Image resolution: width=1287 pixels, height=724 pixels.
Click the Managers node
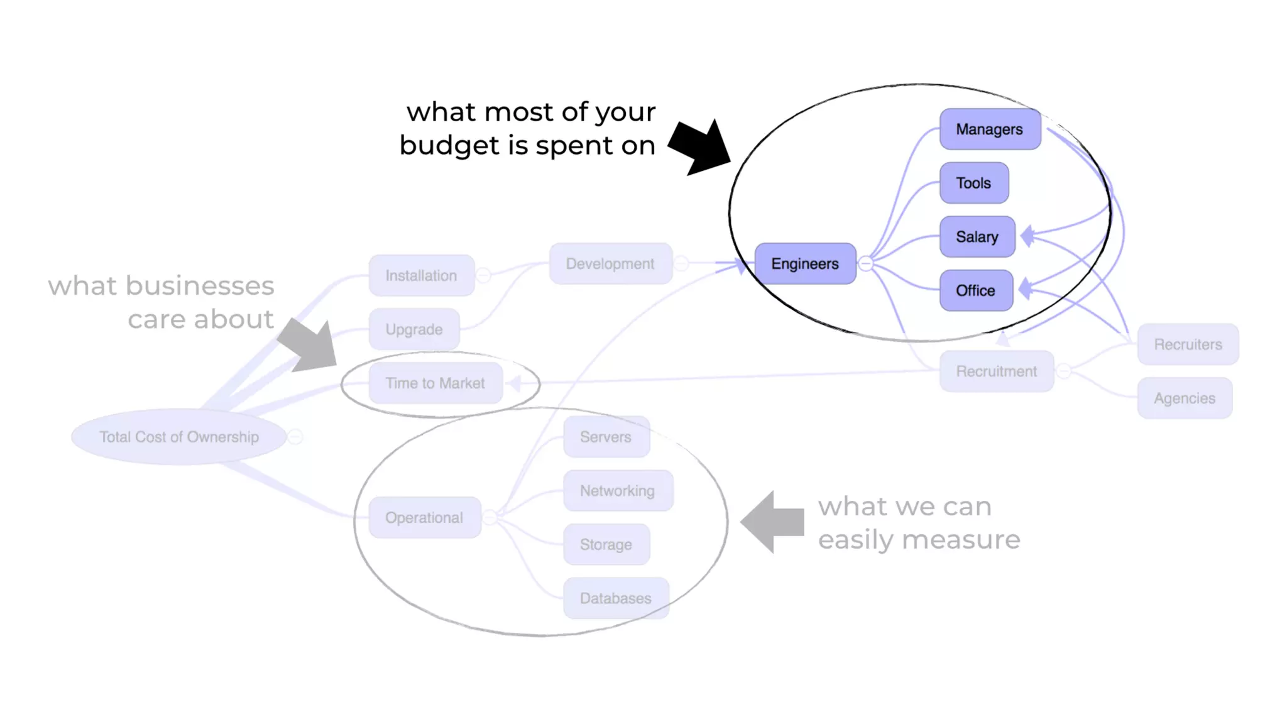tap(990, 129)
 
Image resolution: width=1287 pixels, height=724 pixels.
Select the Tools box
tap(974, 183)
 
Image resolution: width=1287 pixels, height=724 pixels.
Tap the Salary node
tap(977, 237)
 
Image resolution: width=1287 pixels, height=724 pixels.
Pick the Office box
tap(976, 290)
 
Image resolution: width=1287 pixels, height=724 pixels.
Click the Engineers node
tap(805, 264)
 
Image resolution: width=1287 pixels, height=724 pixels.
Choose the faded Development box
tap(610, 264)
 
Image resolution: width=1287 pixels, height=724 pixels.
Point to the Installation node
tap(421, 275)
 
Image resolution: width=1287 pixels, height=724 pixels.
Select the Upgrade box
tap(414, 329)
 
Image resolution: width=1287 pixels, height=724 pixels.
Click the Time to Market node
tap(435, 383)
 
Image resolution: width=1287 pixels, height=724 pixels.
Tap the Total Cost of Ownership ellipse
tap(179, 437)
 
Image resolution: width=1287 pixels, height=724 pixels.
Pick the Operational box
tap(424, 517)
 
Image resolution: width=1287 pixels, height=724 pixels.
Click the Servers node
tap(606, 437)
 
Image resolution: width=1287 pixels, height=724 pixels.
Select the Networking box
tap(618, 491)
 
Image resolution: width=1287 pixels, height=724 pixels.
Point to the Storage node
tap(606, 544)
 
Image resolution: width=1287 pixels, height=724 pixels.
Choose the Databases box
tap(616, 598)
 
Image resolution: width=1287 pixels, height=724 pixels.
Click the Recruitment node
tap(997, 371)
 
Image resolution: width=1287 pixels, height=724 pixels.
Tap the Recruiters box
tap(1188, 344)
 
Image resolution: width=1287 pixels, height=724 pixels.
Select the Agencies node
tap(1185, 398)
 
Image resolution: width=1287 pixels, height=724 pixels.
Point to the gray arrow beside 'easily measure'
tap(773, 522)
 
